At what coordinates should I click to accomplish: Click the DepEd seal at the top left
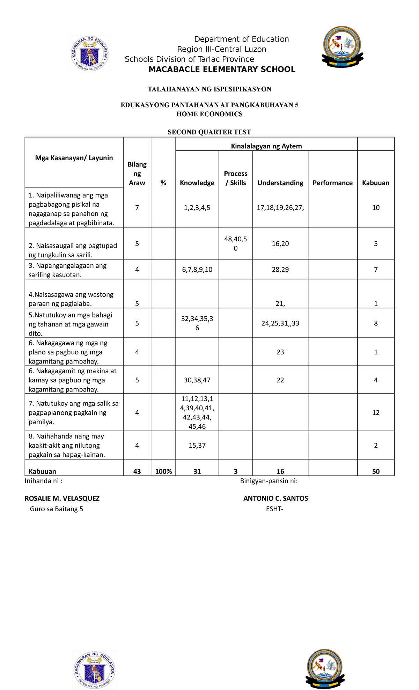click(90, 53)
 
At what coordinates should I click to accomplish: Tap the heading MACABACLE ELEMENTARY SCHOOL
click(222, 69)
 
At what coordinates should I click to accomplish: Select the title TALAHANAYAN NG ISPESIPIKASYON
click(209, 89)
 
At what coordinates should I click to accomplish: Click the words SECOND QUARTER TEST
click(209, 132)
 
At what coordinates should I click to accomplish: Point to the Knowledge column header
click(197, 183)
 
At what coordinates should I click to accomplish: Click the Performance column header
click(332, 183)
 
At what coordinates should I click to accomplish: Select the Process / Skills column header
click(236, 178)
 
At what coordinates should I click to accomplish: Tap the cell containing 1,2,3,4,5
click(197, 208)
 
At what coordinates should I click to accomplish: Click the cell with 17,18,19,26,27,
click(280, 208)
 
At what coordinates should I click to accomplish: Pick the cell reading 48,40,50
click(236, 243)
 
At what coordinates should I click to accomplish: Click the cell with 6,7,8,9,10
click(197, 270)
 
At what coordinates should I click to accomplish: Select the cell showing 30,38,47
click(197, 380)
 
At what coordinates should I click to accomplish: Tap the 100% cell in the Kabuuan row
click(163, 471)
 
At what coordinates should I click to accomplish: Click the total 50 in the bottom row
click(376, 471)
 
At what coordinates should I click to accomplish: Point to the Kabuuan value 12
click(376, 412)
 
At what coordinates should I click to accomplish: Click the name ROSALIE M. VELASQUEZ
click(62, 498)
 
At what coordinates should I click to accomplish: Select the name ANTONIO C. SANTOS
click(275, 498)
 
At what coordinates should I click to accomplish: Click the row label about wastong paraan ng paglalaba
click(71, 299)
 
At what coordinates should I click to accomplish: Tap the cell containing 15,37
click(197, 445)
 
